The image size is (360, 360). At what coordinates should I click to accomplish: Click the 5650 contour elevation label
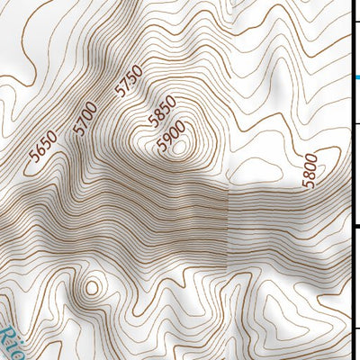42,146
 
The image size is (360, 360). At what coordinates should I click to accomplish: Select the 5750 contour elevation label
129,82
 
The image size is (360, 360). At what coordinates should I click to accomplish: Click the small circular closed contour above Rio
90,289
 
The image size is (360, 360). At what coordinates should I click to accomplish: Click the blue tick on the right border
355,78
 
